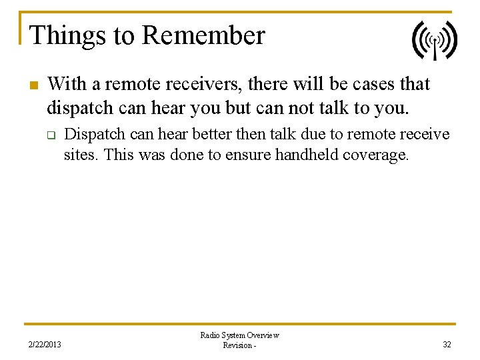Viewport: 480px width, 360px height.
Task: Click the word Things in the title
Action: tap(57, 36)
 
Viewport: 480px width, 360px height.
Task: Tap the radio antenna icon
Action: tap(434, 40)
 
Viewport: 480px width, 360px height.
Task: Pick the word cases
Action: tap(372, 85)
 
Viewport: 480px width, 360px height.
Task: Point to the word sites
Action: tap(81, 155)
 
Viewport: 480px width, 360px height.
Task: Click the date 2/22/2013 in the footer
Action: tap(44, 345)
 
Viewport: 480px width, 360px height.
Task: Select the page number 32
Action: tap(447, 345)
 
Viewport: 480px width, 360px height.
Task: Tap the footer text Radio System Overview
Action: tap(239, 335)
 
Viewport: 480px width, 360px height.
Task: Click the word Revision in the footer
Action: tap(237, 345)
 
